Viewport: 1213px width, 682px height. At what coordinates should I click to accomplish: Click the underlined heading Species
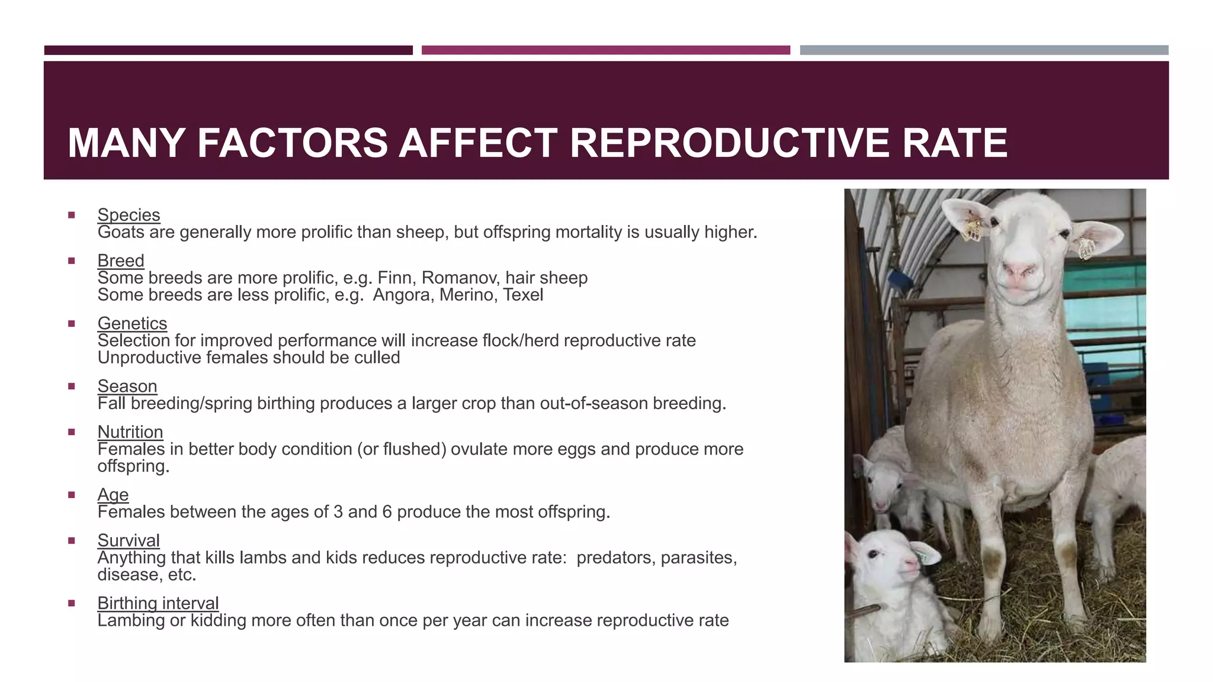point(129,215)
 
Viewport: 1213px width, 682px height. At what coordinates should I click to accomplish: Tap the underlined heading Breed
point(121,260)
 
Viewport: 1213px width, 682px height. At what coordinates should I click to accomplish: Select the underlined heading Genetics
point(132,323)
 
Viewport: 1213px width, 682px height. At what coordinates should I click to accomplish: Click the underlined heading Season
point(127,386)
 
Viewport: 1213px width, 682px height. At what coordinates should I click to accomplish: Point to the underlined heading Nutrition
point(130,432)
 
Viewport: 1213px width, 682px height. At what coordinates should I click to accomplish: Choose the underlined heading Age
point(113,494)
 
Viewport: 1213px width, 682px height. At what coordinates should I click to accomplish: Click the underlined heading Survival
point(129,541)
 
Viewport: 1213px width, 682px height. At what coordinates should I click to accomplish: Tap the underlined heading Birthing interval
point(158,603)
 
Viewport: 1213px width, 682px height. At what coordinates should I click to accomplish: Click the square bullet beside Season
point(72,387)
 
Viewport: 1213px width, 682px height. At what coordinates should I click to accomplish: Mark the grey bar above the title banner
point(984,50)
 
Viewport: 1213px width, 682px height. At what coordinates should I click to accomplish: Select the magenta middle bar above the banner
point(605,50)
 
